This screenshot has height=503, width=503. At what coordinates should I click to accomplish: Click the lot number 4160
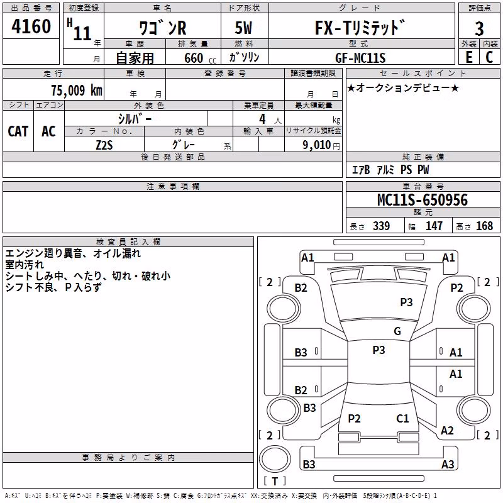(31, 26)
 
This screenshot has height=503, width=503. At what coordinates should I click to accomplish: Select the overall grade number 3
(479, 29)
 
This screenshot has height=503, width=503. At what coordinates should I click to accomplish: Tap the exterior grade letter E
(468, 57)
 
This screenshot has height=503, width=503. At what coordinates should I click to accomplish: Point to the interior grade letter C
(489, 57)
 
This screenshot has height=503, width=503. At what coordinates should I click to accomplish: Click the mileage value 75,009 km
(77, 90)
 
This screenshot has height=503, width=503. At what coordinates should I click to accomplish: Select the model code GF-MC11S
(360, 58)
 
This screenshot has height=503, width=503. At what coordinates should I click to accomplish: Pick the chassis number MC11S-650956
(423, 200)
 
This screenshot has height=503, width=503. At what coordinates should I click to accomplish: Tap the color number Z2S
(104, 145)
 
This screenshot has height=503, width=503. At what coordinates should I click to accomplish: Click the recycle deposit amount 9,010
(316, 145)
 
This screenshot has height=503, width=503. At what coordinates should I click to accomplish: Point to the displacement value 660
(194, 58)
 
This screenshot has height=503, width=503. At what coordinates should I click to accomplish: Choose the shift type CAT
(18, 131)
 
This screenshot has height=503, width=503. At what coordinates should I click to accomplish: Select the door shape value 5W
(243, 28)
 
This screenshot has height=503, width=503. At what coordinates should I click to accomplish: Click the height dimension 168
(484, 226)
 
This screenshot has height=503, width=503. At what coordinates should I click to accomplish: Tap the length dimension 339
(382, 226)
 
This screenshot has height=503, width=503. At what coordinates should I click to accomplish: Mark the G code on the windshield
(397, 331)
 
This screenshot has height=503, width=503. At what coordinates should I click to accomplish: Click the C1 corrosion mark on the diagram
(402, 418)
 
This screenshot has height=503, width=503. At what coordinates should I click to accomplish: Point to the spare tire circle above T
(275, 459)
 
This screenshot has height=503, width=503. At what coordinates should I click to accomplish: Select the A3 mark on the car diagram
(448, 464)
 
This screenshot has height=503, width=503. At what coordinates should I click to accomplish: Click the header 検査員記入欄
(128, 242)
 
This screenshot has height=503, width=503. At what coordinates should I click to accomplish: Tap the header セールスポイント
(423, 73)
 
